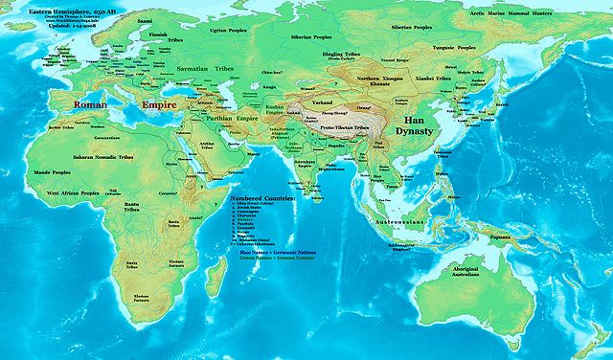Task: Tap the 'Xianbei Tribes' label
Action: pyautogui.click(x=430, y=75)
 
